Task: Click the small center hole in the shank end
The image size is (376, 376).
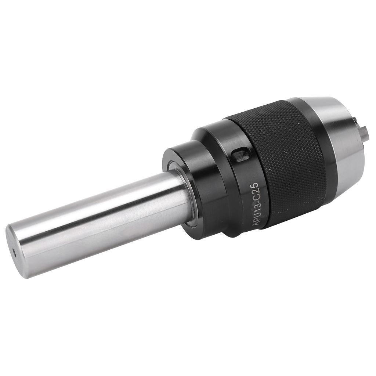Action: coord(15,252)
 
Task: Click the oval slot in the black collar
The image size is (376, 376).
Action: coord(240,154)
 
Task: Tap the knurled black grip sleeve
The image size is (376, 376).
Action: coord(290,162)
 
